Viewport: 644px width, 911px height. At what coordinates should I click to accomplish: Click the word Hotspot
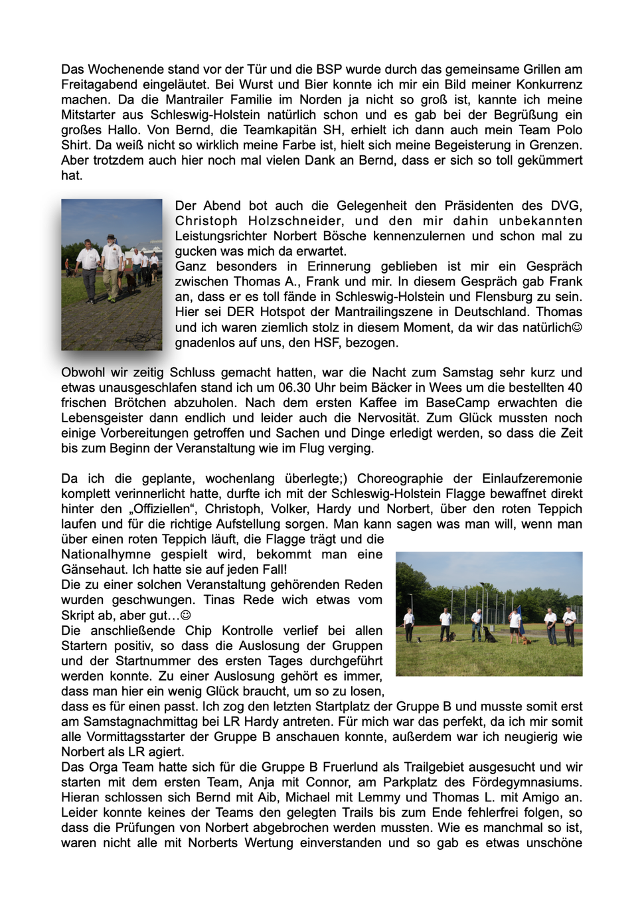pos(282,312)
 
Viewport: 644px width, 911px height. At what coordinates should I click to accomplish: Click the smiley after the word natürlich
pos(577,327)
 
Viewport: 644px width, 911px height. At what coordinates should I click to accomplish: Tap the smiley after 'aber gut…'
pos(186,616)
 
